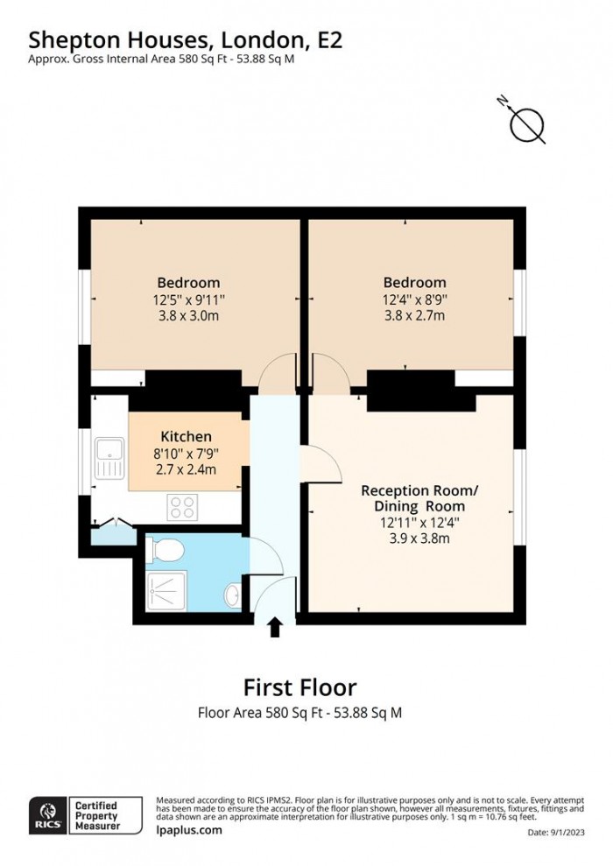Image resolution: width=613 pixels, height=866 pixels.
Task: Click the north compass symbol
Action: coord(527,124)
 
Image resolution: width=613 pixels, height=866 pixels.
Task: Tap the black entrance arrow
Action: coord(275,627)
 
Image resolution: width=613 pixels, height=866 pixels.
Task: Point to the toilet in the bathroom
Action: coord(166,550)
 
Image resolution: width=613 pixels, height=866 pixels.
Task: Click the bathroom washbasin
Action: coord(232,596)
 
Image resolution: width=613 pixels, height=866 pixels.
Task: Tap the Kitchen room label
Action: coord(186,436)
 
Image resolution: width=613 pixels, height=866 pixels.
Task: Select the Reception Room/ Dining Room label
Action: coord(412,497)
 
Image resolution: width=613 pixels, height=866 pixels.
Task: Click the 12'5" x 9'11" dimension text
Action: coord(187,299)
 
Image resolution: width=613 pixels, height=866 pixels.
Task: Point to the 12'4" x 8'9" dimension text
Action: coord(414,299)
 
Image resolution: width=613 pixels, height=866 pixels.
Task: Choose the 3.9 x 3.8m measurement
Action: coord(412,539)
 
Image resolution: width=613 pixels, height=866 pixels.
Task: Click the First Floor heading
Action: coord(299,686)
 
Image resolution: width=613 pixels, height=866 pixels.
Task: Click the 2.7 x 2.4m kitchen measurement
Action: coord(186,469)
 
